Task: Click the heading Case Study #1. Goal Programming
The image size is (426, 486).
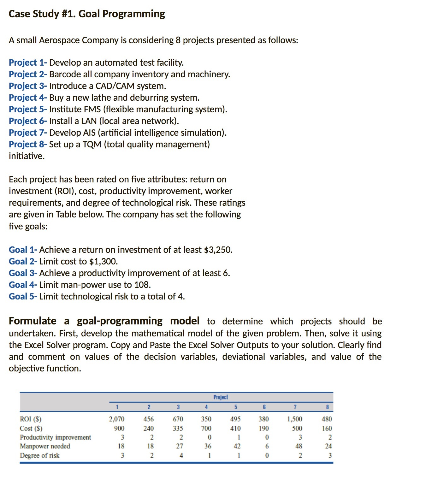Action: pos(87,14)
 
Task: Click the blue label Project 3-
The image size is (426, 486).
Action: pos(28,86)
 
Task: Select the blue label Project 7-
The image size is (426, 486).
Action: pos(28,133)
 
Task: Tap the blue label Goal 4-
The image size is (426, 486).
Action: pos(23,285)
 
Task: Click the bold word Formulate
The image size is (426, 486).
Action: pos(33,321)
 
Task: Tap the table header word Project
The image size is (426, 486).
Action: pos(221,397)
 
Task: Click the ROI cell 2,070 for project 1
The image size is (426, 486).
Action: pos(116,419)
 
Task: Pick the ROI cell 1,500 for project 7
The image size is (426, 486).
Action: pos(294,419)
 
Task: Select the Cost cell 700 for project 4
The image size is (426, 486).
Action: pos(206,428)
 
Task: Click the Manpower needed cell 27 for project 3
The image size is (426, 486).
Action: pos(179,446)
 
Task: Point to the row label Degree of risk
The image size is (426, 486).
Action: pos(40,455)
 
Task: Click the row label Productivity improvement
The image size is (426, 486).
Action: pos(55,437)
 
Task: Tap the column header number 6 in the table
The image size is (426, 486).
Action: pos(264,407)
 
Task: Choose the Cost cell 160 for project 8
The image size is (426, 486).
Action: pos(327,428)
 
